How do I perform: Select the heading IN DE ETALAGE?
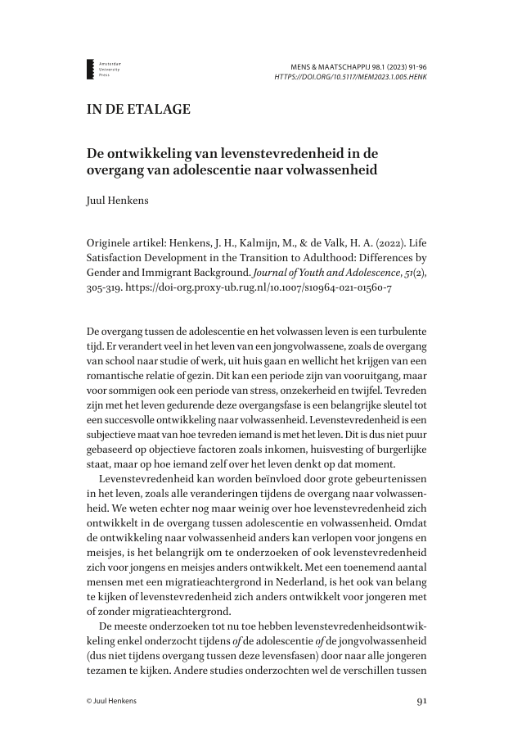pyautogui.click(x=138, y=110)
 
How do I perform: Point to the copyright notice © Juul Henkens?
pyautogui.click(x=115, y=702)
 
